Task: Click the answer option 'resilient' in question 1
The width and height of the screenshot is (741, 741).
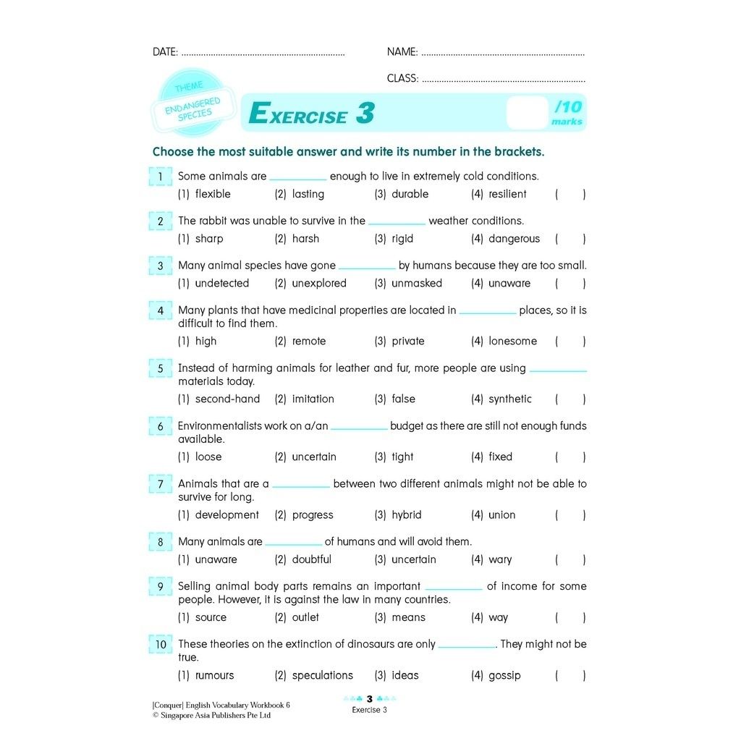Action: click(507, 194)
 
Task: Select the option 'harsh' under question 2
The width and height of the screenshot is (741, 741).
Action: click(305, 239)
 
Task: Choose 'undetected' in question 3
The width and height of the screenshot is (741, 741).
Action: click(221, 284)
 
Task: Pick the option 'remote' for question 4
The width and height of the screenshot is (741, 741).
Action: click(309, 342)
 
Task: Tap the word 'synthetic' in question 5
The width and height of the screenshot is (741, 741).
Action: click(509, 399)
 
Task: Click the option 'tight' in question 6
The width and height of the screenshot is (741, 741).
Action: click(402, 457)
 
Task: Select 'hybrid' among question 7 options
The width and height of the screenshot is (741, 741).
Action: click(406, 515)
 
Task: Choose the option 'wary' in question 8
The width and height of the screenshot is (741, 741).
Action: click(500, 560)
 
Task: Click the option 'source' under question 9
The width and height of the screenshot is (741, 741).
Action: click(211, 618)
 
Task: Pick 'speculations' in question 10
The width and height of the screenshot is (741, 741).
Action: click(322, 676)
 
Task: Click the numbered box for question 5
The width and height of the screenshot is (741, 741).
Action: click(161, 369)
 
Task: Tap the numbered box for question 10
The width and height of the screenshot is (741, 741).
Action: click(161, 645)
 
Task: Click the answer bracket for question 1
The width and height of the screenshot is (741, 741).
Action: click(570, 194)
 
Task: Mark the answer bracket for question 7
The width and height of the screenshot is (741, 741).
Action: click(570, 515)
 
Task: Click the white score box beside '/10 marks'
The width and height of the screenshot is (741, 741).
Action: click(527, 113)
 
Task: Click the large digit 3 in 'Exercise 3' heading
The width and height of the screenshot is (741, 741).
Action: click(365, 114)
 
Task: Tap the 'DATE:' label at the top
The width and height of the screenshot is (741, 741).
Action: click(165, 52)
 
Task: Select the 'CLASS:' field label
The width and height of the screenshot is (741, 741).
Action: click(402, 79)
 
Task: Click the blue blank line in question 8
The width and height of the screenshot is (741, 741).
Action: click(293, 543)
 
